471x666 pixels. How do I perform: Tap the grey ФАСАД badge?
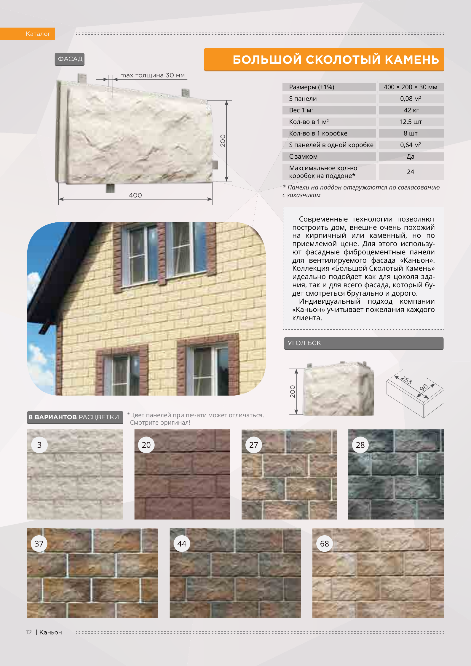(x=70, y=59)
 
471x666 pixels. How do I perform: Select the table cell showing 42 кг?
(x=411, y=110)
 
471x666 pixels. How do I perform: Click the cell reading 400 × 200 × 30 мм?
(x=411, y=87)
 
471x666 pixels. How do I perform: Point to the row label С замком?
(x=303, y=157)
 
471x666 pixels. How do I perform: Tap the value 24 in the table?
(x=411, y=172)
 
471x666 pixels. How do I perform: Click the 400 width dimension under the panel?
(x=135, y=195)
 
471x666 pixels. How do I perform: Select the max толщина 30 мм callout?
(x=152, y=76)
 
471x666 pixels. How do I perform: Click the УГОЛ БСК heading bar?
(x=363, y=343)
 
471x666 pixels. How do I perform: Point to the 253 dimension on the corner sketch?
(x=406, y=380)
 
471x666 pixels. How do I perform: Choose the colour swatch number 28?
(x=396, y=474)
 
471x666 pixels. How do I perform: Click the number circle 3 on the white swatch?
(x=39, y=445)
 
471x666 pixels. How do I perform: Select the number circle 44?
(x=182, y=544)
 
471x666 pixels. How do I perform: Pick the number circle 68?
(x=325, y=544)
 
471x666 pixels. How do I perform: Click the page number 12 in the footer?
(x=29, y=632)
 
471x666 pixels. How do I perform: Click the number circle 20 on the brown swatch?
(x=146, y=445)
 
